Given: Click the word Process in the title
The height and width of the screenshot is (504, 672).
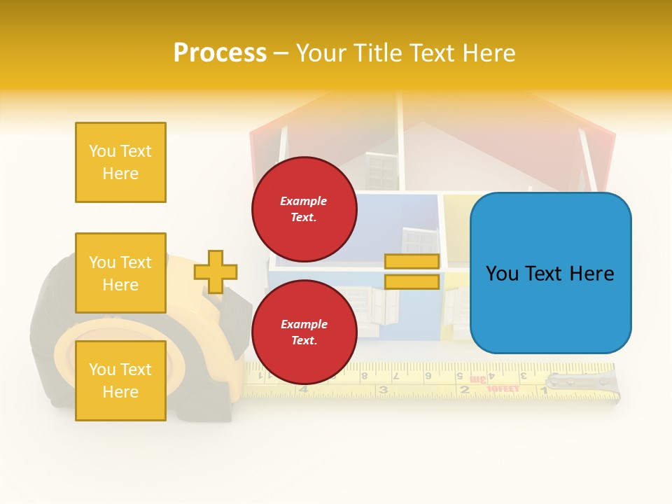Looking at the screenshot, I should tap(220, 52).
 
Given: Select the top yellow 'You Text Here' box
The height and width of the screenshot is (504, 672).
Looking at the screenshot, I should tap(120, 162).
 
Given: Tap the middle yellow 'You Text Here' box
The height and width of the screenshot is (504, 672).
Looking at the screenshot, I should tap(120, 273).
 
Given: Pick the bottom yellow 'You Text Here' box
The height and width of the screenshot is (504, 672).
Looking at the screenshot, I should tap(120, 380).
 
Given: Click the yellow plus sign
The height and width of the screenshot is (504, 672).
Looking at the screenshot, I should tap(216, 272).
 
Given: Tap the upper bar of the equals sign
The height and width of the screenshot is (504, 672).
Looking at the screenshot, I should tap(412, 261).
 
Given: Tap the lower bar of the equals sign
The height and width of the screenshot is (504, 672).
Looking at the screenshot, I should tap(412, 281).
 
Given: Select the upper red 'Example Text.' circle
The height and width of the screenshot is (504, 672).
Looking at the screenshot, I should tap(304, 209).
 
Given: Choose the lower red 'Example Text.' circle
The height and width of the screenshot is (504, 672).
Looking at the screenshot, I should tap(304, 332).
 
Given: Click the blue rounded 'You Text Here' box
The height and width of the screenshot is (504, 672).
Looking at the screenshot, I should tap(550, 273).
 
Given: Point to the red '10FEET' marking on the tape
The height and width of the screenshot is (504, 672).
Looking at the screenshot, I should tap(503, 388).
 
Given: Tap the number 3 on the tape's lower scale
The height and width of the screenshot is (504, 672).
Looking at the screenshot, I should tap(383, 390).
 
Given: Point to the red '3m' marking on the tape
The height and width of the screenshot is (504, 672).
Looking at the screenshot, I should tap(478, 379).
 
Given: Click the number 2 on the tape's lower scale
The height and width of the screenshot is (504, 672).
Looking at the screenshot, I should tap(463, 390).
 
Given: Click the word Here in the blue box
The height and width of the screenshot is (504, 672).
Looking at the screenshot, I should tap(591, 273).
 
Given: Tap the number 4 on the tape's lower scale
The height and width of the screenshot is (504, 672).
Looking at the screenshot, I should tap(303, 389).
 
